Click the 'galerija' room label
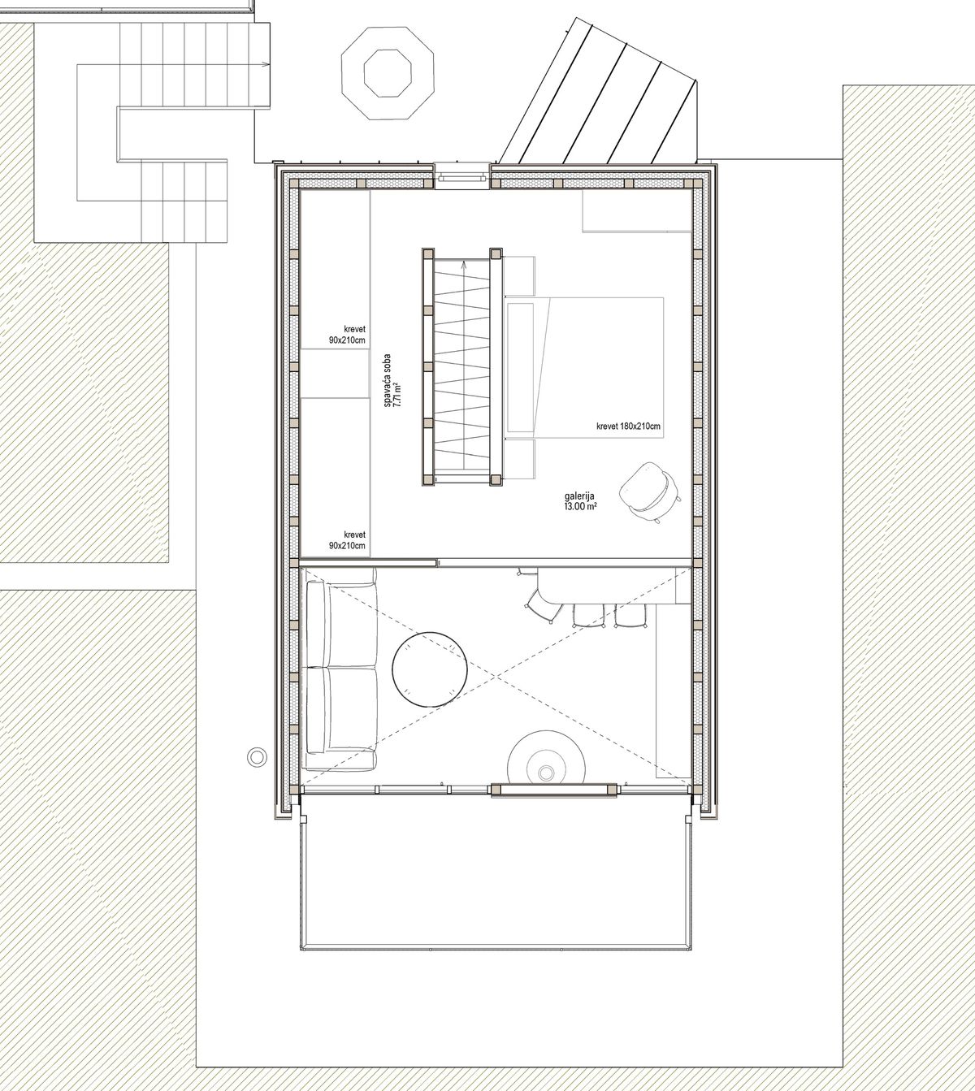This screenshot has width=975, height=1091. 579,496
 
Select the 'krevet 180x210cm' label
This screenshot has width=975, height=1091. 628,426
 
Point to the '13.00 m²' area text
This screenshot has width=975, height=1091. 579,507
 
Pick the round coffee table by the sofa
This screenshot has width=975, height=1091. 430,669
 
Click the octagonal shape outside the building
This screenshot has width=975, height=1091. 388,73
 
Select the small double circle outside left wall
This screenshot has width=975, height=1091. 257,756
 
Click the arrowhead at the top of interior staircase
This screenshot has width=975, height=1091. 463,264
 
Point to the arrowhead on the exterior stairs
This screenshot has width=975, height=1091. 266,65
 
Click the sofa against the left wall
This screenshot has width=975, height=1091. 340,669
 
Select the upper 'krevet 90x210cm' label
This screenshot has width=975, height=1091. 348,335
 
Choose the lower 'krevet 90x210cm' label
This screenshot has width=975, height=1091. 348,539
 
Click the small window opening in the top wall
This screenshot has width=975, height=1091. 462,176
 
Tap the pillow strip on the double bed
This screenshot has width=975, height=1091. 520,367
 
